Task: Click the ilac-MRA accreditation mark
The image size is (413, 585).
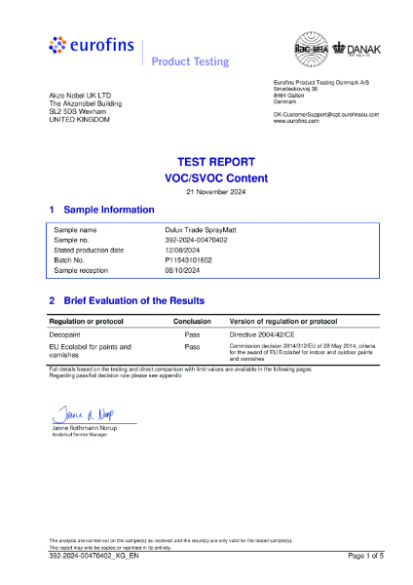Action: (x=308, y=49)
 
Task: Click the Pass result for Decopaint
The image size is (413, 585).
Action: (x=192, y=333)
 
